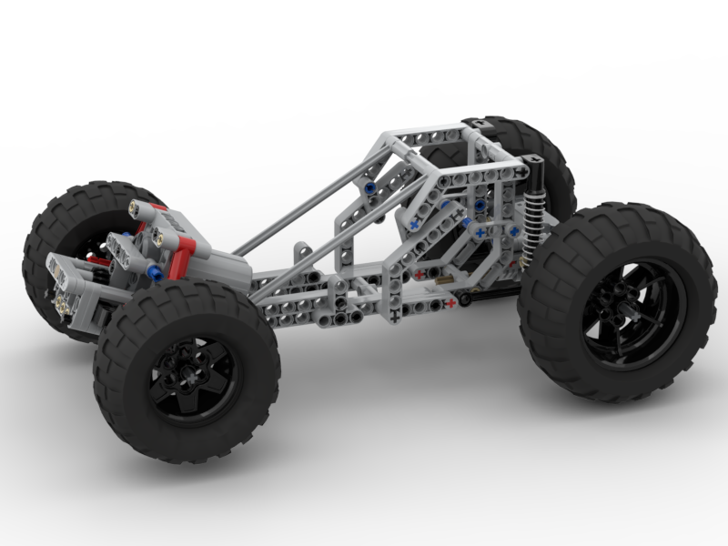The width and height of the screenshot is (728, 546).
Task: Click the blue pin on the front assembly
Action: coord(155,272)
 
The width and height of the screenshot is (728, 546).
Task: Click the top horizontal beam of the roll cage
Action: coord(428,135)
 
